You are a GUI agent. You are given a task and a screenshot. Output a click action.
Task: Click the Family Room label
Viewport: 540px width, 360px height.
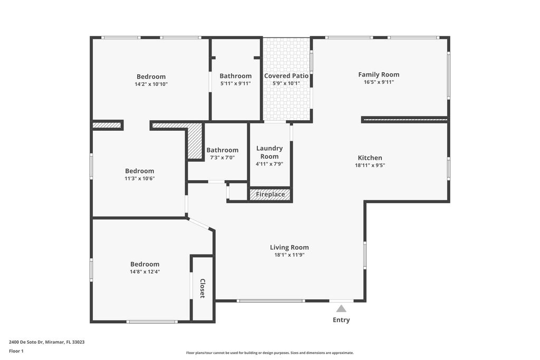tap(379, 75)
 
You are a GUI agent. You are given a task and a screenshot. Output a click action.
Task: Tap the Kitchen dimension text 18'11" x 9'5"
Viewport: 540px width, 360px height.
tap(370, 165)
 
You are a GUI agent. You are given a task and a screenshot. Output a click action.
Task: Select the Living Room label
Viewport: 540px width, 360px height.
tap(289, 247)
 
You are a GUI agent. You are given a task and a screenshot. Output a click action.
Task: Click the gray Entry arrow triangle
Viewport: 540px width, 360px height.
tap(341, 309)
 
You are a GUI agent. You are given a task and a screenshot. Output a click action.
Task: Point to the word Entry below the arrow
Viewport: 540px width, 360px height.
tap(341, 320)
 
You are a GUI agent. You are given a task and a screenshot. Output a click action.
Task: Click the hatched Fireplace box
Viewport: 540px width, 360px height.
tap(270, 194)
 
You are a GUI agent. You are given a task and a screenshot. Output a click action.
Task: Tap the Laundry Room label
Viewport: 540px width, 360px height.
tap(269, 152)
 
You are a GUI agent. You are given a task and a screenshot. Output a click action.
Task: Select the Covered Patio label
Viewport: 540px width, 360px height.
tap(286, 76)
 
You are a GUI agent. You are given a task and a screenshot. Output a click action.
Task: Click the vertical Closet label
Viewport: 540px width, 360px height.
tap(202, 288)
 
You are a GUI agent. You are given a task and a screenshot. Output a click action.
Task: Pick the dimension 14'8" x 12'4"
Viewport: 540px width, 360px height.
tap(144, 272)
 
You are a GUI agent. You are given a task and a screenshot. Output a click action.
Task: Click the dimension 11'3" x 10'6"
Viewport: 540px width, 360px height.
tap(139, 178)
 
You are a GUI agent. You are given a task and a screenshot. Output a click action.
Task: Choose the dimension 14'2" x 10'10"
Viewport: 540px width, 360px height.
tap(151, 84)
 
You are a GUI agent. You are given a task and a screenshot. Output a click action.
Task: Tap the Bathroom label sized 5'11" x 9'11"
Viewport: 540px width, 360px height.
tap(236, 76)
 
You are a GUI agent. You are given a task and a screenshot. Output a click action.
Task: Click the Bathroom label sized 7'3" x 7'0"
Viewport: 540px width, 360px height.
tap(222, 150)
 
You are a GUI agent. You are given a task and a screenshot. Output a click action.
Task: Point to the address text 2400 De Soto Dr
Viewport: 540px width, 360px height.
tap(46, 342)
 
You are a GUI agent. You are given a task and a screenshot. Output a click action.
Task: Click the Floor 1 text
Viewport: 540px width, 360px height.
tap(16, 351)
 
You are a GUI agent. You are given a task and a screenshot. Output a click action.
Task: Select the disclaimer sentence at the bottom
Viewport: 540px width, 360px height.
tap(269, 353)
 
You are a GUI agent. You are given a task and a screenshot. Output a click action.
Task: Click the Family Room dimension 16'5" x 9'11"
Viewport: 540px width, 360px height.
tap(379, 82)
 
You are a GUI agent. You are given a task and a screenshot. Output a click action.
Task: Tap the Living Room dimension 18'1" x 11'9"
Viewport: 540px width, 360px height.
tap(289, 255)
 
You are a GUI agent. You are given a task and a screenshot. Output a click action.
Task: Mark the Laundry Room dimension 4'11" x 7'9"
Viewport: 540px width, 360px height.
tap(269, 164)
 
